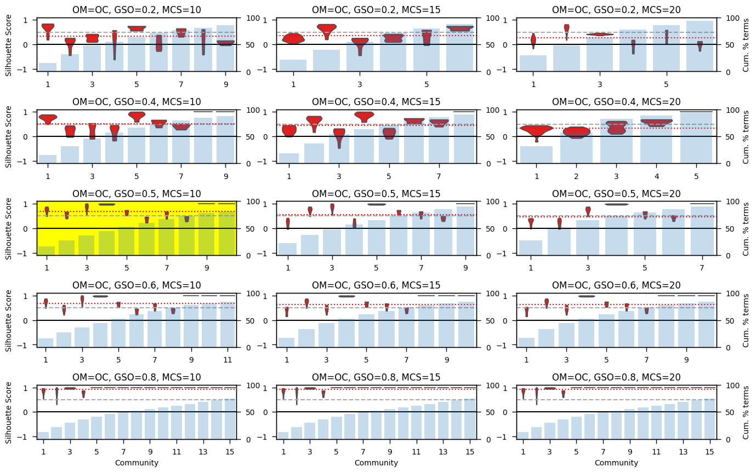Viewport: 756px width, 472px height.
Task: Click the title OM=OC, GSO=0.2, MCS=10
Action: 137,9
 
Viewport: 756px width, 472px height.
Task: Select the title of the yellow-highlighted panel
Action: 137,194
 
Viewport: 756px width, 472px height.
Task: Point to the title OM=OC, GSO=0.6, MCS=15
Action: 377,286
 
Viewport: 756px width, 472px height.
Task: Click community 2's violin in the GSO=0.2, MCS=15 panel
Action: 327,28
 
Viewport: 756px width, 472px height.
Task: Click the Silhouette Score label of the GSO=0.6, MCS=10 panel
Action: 8,320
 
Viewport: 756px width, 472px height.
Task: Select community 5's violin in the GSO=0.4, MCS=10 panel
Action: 137,116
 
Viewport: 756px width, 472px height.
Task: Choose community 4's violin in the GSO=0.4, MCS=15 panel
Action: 364,116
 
